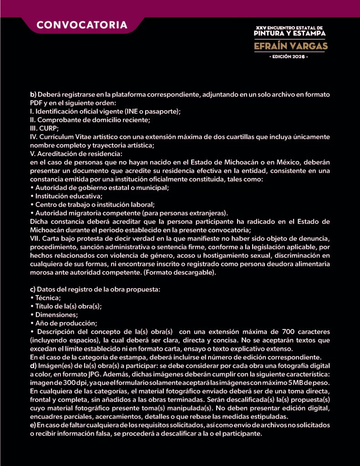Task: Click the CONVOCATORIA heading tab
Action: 82,25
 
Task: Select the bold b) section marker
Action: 33,94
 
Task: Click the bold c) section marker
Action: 33,289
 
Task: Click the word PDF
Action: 36,103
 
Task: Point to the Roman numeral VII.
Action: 35,239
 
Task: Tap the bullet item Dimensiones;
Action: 56,314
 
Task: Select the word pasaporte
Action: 162,111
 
